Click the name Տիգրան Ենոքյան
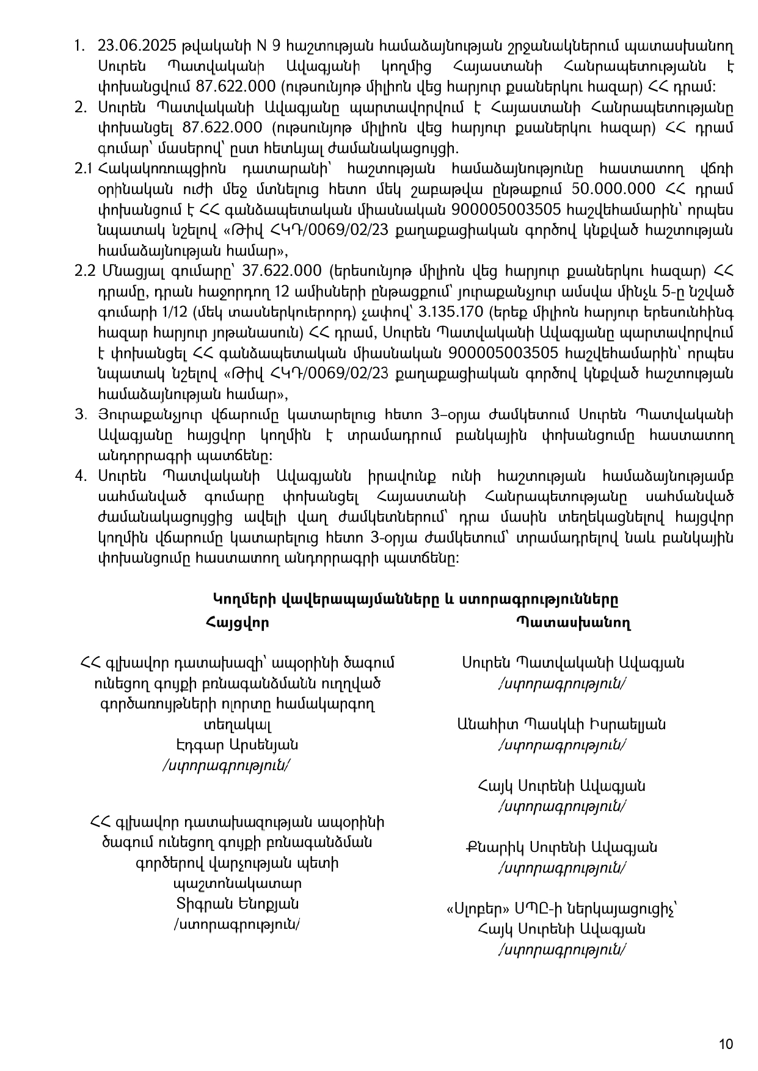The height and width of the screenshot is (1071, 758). pyautogui.click(x=237, y=904)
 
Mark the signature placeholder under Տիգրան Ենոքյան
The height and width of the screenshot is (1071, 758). pyautogui.click(x=237, y=925)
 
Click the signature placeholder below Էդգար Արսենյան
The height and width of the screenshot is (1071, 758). pyautogui.click(x=226, y=765)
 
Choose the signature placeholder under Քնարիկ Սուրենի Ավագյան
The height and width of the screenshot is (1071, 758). pyautogui.click(x=562, y=867)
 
